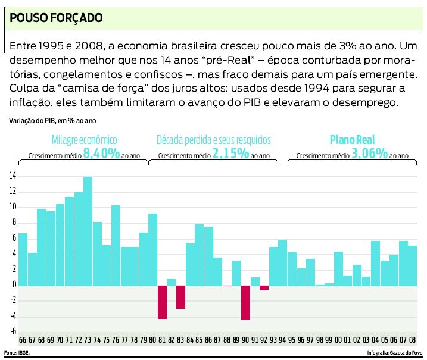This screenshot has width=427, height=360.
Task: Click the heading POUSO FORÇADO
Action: click(57, 17)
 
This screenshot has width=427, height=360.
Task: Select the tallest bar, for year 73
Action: click(88, 230)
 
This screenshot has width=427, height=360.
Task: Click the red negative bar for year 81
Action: click(162, 302)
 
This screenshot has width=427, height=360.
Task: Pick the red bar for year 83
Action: click(180, 296)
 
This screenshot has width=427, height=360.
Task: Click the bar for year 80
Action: click(152, 249)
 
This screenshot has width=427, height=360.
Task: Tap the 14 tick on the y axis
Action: click(13, 176)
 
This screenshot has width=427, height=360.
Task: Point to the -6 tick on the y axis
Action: click(13, 331)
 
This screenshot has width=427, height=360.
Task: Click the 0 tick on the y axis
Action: click(14, 284)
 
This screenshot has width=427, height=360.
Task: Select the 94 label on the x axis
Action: click(282, 340)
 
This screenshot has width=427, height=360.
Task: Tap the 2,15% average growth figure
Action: click(230, 154)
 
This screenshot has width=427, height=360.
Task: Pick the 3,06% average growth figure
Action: click(370, 154)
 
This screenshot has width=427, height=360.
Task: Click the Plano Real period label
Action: click(353, 140)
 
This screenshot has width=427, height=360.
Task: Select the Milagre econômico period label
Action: click(84, 140)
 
